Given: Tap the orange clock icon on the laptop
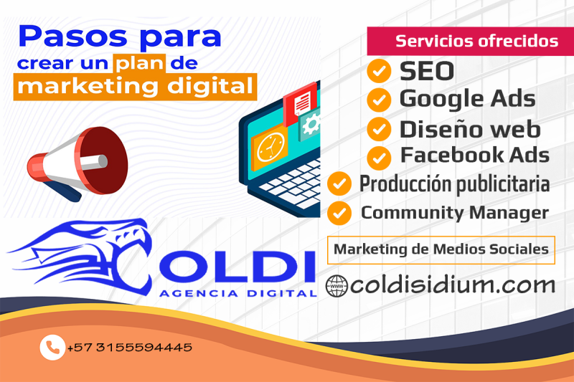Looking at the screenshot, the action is tap(270, 147).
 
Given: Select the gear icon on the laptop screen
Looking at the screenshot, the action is tap(310, 124).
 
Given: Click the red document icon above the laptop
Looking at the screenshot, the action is tap(300, 103).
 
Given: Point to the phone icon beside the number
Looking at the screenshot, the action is tap(52, 348).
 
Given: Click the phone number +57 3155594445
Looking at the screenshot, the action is tap(130, 348).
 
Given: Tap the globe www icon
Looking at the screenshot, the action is tap(337, 286).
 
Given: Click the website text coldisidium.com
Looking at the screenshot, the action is tap(453, 285).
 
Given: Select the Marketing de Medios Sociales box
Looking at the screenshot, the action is tap(441, 250).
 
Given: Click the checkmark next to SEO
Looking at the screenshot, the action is tap(379, 71).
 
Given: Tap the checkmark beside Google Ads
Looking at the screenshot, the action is tap(379, 100).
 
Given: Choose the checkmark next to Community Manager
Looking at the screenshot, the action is tap(339, 213).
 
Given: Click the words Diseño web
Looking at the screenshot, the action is tap(470, 130).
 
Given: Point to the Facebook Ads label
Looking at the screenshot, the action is tap(475, 155).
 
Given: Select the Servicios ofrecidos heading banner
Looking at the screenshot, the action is tap(471, 41).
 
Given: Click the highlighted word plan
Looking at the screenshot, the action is tap(139, 63).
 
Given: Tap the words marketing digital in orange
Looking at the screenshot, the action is tap(135, 87).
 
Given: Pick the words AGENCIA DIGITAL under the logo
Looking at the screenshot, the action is tap(238, 293).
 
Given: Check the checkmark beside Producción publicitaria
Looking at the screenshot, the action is tap(339, 184).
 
